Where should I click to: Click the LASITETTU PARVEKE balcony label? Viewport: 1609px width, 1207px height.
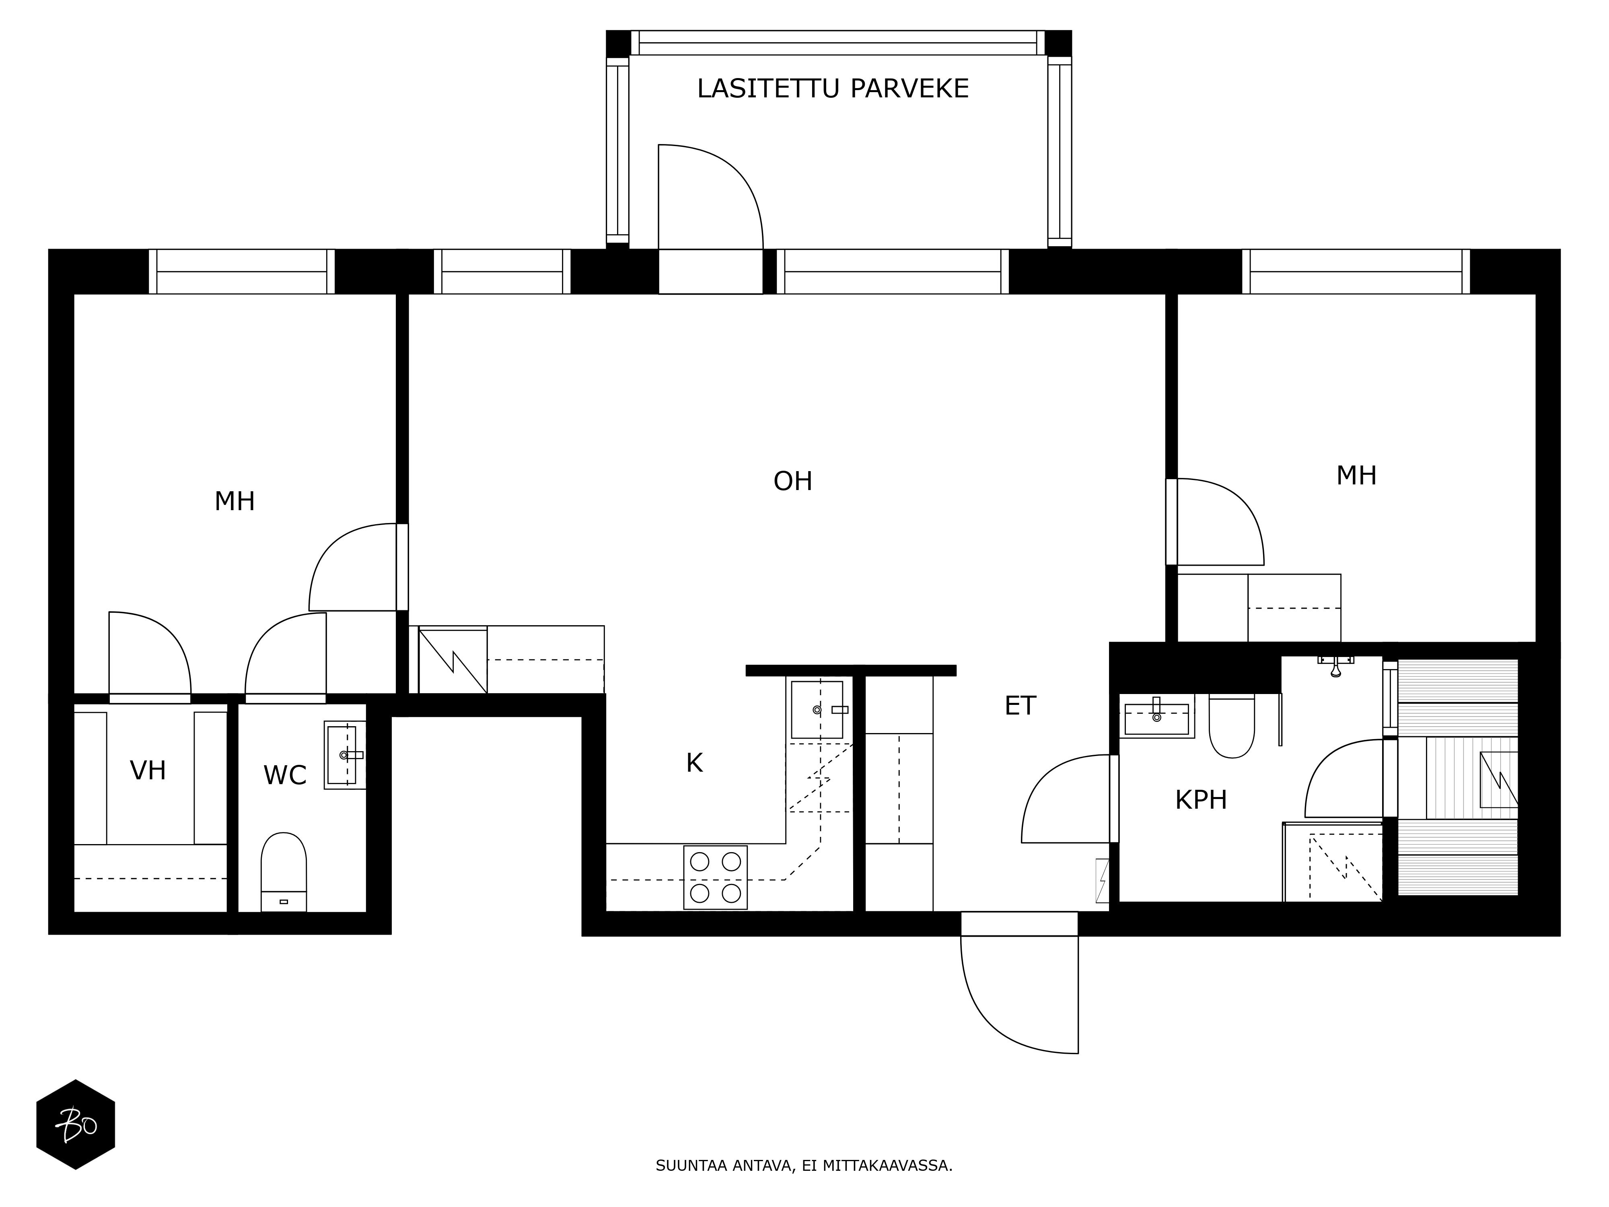coord(833,89)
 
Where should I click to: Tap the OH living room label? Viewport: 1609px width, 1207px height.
coord(793,481)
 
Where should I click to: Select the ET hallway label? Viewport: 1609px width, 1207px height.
coord(1020,706)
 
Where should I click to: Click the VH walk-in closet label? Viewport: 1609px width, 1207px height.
coord(148,770)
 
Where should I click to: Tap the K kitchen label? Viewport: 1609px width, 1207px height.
coord(695,763)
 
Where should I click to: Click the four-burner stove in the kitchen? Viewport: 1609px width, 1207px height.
coord(716,877)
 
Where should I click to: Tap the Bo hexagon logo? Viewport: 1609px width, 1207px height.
coord(76,1124)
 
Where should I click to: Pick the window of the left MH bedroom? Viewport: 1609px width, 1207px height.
coord(241,272)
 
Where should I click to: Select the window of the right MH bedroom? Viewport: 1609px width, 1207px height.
coord(1356,272)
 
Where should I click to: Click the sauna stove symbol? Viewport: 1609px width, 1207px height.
coord(1499,779)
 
